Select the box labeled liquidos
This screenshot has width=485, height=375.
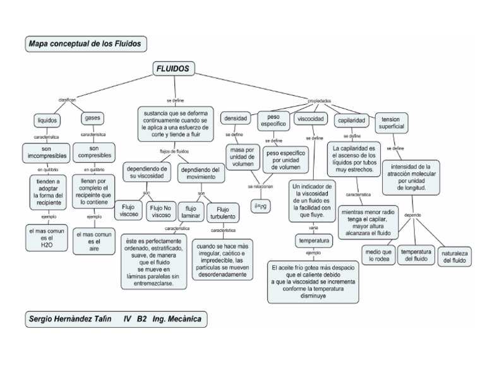[x=47, y=119]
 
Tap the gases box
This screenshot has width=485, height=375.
[x=92, y=118]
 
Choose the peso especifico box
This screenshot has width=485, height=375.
[x=273, y=121]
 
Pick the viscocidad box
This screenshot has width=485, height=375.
[x=310, y=119]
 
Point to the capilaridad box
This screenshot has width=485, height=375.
[x=352, y=120]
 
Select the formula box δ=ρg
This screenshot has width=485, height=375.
[x=261, y=206]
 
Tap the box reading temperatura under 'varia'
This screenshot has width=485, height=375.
[x=314, y=241]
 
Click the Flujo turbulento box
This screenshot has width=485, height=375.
[x=223, y=213]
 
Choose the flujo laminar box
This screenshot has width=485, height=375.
[x=191, y=212]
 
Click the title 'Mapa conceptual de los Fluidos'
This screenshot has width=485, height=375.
[x=87, y=44]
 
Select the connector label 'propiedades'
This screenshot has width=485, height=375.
[x=318, y=100]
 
